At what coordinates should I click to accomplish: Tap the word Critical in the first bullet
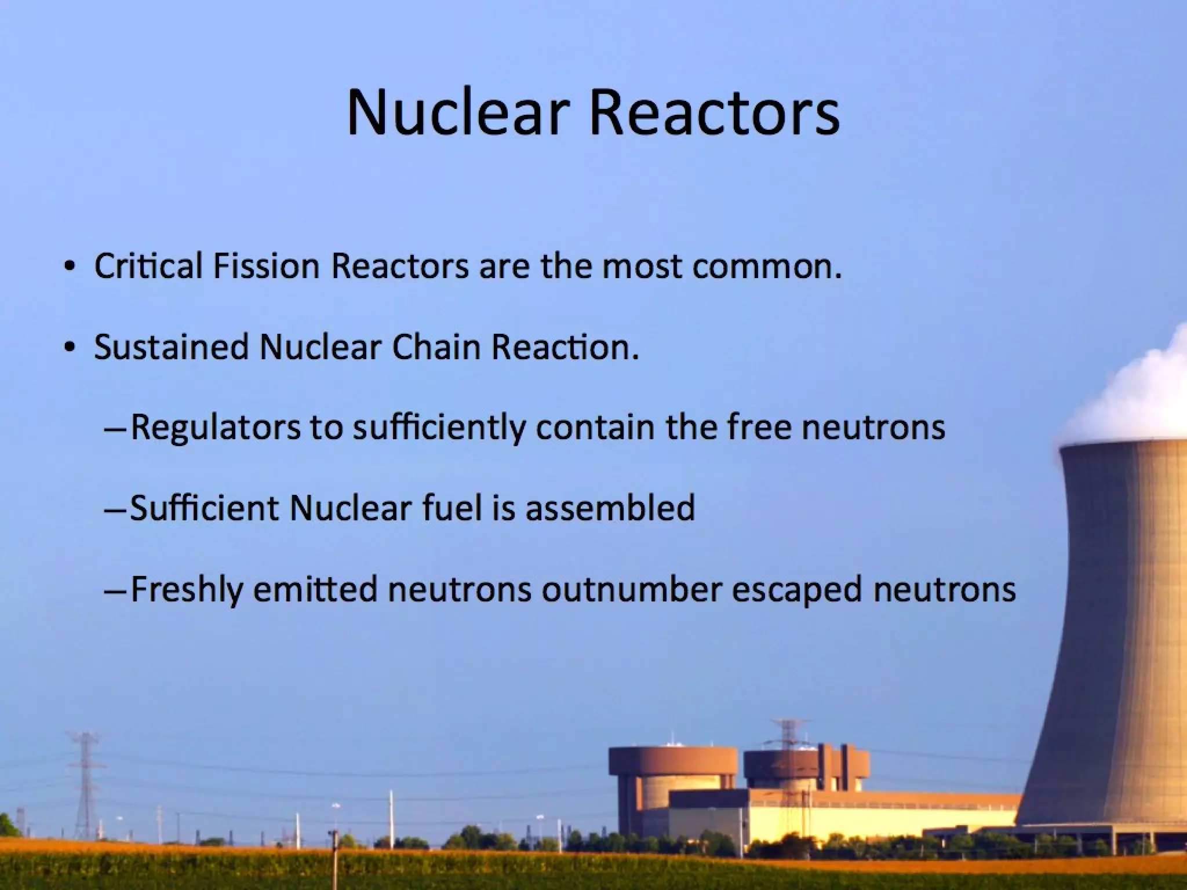tap(148, 267)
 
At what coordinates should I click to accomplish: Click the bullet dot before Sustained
tap(70, 348)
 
